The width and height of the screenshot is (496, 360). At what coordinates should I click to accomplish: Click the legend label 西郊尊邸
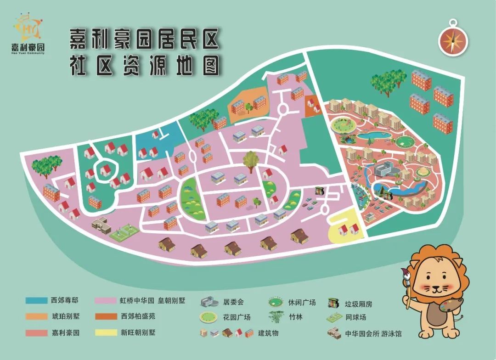click(65, 301)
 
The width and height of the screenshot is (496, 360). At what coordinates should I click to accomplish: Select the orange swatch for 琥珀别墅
click(37, 316)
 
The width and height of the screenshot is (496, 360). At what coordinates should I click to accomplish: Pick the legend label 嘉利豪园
click(65, 332)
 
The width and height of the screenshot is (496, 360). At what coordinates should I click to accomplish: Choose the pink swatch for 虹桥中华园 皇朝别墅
click(106, 301)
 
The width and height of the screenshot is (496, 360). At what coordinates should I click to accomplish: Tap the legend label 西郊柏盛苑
click(138, 316)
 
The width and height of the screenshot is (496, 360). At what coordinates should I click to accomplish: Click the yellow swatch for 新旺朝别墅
click(106, 332)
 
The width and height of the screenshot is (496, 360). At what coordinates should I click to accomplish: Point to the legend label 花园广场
click(237, 317)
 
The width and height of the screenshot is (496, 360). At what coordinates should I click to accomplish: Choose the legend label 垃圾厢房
click(358, 304)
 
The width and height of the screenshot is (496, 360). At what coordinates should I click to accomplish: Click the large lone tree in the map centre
click(250, 161)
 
